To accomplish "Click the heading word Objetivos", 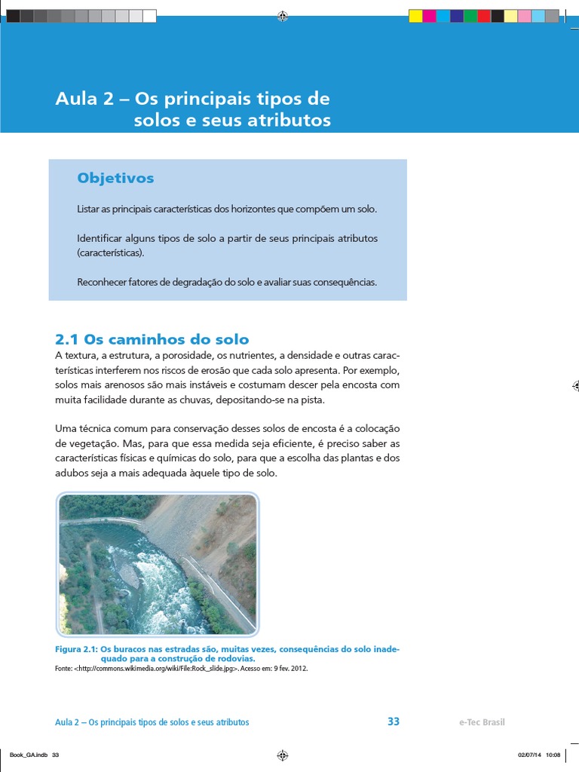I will point(115,178).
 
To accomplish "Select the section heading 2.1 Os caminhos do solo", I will point(152,339).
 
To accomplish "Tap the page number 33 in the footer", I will point(394,721).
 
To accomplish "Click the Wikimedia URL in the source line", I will point(161,668).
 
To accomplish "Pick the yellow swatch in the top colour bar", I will point(415,16).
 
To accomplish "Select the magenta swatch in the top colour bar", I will point(429,16).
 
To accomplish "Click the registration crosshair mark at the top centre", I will point(283,16).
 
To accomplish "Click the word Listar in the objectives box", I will point(87,209).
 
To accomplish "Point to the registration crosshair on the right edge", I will point(574,385).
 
